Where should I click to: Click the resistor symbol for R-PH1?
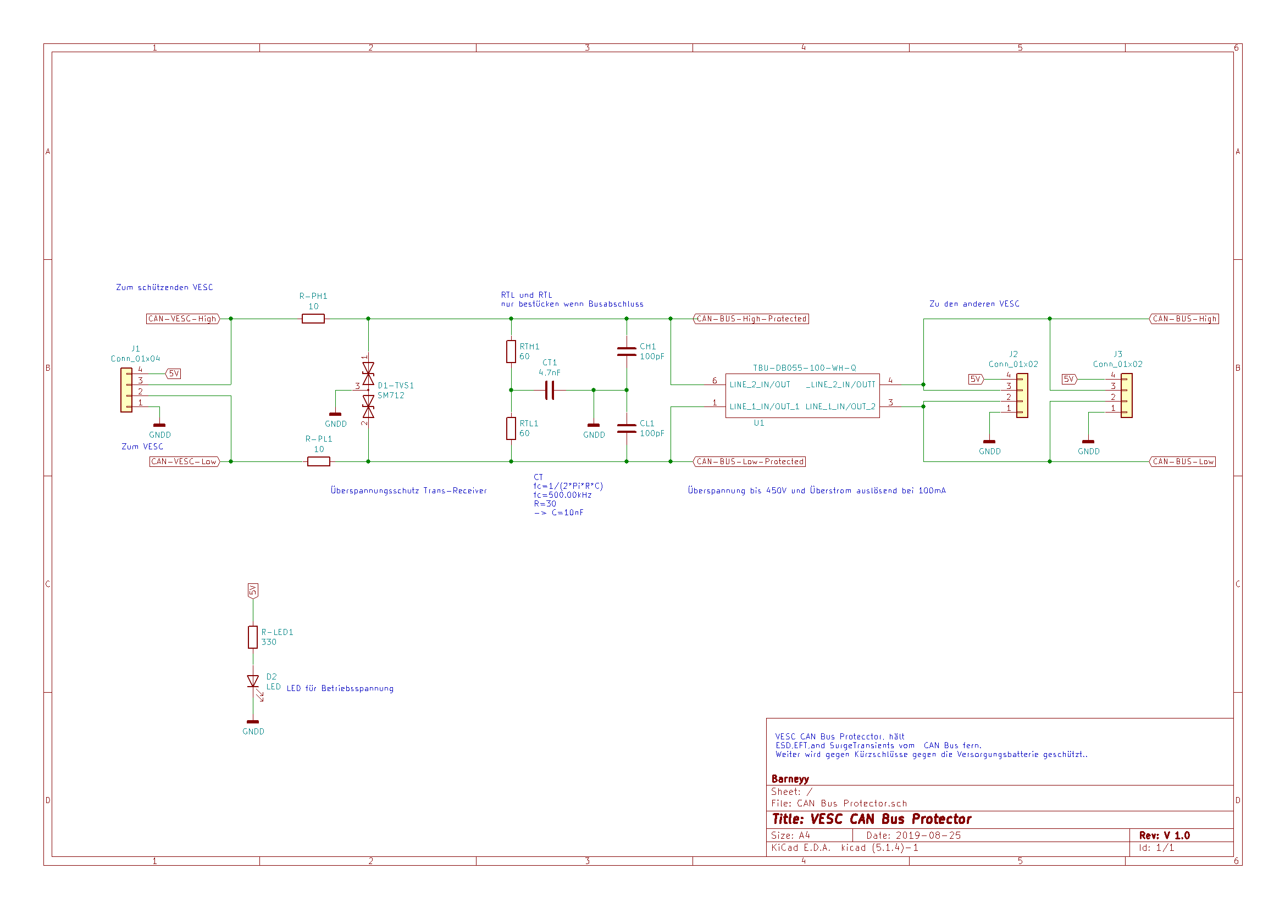tap(313, 319)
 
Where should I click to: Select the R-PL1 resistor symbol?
tap(318, 461)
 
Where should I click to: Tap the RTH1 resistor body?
tap(511, 352)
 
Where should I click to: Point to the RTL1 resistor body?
tap(511, 428)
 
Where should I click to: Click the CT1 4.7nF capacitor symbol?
tap(550, 391)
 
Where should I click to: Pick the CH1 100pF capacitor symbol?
tap(626, 352)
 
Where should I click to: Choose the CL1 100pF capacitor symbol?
tap(626, 428)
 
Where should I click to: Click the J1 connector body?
tap(126, 391)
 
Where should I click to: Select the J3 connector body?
tap(1127, 395)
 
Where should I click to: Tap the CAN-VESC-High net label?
tap(183, 319)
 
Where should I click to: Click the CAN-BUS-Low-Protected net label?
tap(749, 461)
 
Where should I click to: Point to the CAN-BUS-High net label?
tap(1184, 319)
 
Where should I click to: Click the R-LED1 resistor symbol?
tap(253, 637)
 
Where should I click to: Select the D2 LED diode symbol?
tap(253, 683)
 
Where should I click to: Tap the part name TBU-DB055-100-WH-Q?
tap(804, 368)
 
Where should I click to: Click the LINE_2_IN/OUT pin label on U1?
tap(760, 385)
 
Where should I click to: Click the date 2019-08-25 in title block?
tap(928, 835)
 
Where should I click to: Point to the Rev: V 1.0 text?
tap(1165, 835)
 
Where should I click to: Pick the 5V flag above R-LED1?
tap(253, 592)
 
